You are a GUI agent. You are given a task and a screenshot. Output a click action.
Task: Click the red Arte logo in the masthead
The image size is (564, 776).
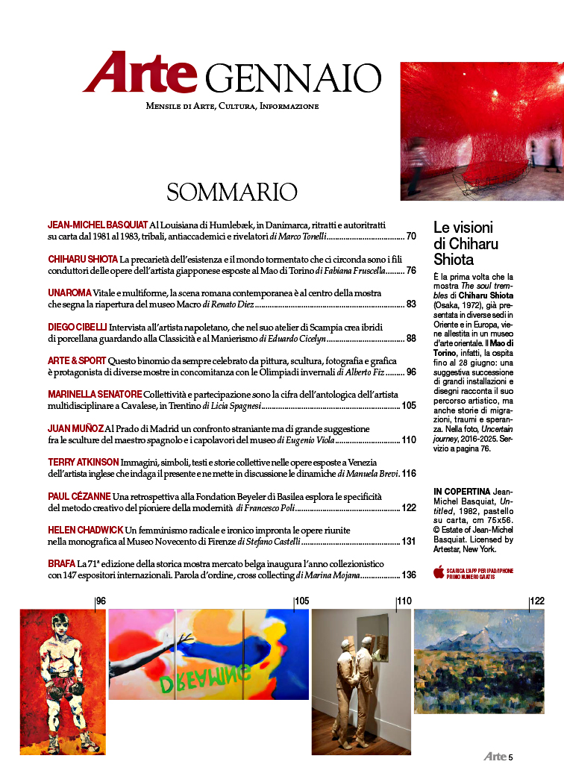click(x=140, y=73)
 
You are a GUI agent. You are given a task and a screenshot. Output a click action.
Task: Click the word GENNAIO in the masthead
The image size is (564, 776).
click(x=292, y=77)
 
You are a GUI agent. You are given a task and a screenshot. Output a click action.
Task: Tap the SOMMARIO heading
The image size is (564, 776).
click(x=232, y=192)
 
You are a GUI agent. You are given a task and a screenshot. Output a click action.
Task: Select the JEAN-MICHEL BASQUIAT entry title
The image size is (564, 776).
click(x=97, y=224)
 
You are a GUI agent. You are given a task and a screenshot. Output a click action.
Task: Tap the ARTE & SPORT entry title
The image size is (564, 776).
click(x=77, y=360)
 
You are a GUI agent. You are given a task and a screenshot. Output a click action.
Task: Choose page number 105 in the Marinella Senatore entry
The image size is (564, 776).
click(x=408, y=406)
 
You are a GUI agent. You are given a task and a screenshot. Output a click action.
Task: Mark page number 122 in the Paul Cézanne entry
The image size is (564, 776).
click(x=408, y=508)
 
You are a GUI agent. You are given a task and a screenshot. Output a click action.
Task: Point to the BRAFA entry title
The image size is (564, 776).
click(x=61, y=564)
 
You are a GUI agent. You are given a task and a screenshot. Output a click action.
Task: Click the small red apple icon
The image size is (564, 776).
click(x=439, y=572)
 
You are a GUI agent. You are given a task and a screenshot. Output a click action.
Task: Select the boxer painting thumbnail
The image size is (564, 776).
click(x=63, y=680)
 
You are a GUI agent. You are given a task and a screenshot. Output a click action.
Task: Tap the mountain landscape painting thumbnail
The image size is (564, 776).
click(x=478, y=660)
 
